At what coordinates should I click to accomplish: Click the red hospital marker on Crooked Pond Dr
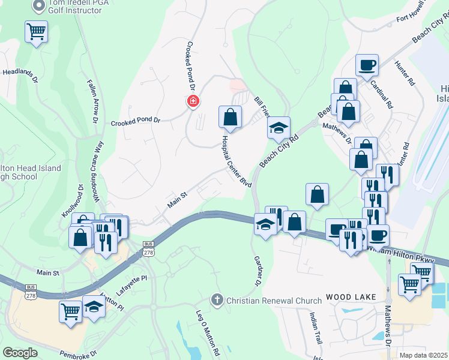point(193,101)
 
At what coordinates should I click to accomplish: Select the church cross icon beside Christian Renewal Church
point(217,299)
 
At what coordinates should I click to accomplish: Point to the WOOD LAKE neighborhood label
point(351,297)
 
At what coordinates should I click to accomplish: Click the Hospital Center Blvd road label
point(236,161)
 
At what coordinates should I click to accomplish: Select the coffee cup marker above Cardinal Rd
point(366,65)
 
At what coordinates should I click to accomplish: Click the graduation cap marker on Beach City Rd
point(279,127)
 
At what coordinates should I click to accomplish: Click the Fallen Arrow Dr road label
point(92,101)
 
